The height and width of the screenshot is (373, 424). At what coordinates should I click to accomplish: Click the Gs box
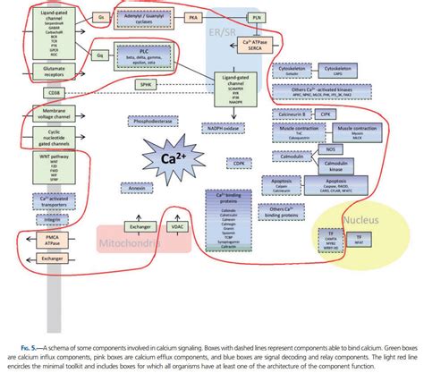coord(101,17)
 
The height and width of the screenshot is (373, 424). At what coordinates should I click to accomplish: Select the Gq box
coord(101,54)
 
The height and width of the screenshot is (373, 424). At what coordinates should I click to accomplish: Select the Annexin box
coord(137,188)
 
